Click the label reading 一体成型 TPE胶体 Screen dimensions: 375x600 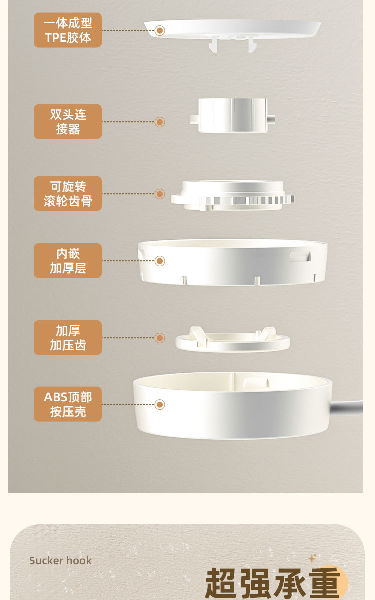(x=68, y=30)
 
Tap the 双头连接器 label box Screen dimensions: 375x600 (x=68, y=122)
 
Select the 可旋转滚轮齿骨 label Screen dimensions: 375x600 (x=68, y=193)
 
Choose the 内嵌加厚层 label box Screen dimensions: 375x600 (x=68, y=260)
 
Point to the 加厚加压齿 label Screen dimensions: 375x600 (x=68, y=338)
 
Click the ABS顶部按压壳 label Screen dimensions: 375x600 (x=68, y=404)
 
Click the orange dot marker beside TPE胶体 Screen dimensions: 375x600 (x=160, y=31)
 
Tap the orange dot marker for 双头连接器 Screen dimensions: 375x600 (x=160, y=122)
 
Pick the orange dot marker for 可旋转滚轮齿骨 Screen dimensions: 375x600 (x=160, y=194)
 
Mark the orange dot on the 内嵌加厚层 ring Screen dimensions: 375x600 (x=160, y=261)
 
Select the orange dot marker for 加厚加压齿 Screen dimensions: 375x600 (x=160, y=338)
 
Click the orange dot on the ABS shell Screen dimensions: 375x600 (x=160, y=404)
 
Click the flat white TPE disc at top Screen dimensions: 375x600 (x=232, y=29)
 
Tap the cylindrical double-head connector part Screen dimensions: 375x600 (x=232, y=115)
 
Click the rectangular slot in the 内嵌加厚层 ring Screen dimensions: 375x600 (x=300, y=256)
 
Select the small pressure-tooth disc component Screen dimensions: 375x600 (x=233, y=339)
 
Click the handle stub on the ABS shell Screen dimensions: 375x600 (x=347, y=407)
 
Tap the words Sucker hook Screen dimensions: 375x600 (x=60, y=561)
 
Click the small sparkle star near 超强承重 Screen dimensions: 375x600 (x=312, y=559)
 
